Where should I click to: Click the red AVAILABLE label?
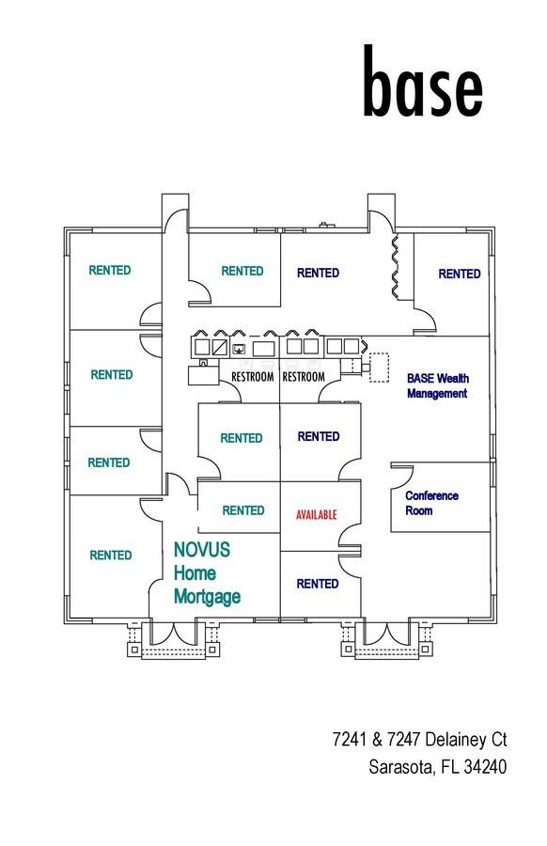tap(316, 514)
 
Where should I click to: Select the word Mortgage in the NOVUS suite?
tap(207, 596)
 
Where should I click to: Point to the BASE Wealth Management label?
tap(437, 385)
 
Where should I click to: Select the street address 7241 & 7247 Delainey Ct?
tap(419, 740)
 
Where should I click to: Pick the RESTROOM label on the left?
tap(252, 377)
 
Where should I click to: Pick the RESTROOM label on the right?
tap(303, 377)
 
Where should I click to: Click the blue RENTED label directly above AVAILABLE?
tap(318, 436)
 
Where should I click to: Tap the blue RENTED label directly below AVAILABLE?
tap(318, 584)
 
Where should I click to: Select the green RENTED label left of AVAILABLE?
tap(242, 510)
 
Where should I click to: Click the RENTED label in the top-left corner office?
tap(110, 270)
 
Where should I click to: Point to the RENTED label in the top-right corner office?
tap(460, 274)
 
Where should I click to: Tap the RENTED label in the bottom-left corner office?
tap(111, 555)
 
